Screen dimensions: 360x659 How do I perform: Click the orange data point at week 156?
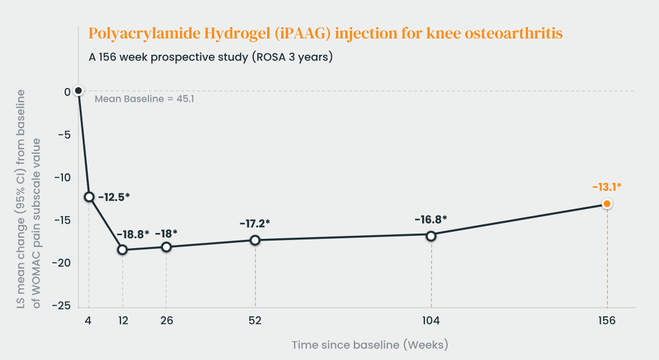point(607,204)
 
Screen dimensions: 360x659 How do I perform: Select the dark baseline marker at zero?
point(79,90)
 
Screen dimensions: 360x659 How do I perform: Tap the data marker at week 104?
point(431,236)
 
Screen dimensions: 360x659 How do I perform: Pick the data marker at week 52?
point(255,240)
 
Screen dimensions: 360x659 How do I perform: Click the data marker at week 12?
point(122,250)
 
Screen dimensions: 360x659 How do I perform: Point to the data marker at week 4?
point(89,197)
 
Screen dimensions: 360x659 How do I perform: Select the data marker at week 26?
point(166,247)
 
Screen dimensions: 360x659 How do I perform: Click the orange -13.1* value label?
point(607,187)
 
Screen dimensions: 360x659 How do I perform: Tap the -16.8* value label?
point(431,220)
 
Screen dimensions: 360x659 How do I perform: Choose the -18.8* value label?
point(133,234)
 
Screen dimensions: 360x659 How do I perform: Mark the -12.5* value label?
point(114,197)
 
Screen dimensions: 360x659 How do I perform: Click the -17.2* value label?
point(255,223)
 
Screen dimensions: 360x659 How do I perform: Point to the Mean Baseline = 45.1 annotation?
point(144,99)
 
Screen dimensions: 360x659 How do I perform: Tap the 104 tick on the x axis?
point(431,321)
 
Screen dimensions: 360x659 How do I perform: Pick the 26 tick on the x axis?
point(166,321)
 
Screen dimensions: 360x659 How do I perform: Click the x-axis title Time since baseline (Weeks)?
point(370,345)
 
